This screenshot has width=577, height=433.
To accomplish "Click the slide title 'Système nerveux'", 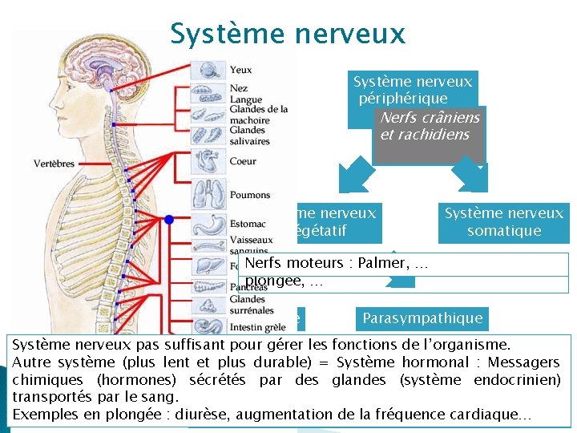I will click(x=288, y=34).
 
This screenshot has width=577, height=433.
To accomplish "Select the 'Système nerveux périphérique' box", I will click(x=413, y=90).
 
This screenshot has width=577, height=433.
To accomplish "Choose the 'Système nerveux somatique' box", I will click(x=504, y=222).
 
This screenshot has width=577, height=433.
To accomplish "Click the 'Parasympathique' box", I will click(x=422, y=318).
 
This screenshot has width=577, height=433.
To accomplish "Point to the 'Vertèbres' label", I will click(x=54, y=164).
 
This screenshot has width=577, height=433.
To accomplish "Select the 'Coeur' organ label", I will click(x=243, y=161).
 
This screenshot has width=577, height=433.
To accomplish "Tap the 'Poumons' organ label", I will click(x=249, y=195).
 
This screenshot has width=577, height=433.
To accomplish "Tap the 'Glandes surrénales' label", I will click(x=252, y=305).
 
